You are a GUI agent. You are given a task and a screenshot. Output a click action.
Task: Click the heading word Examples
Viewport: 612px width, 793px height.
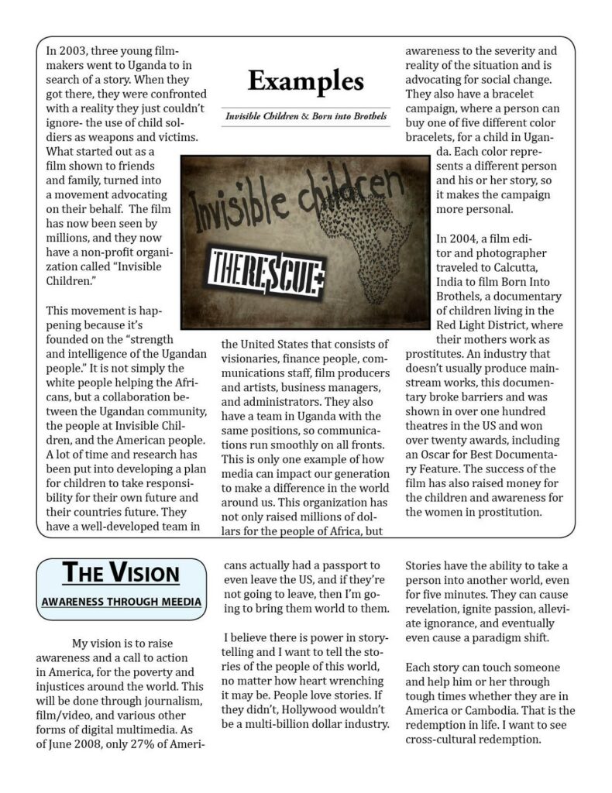click(x=305, y=80)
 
